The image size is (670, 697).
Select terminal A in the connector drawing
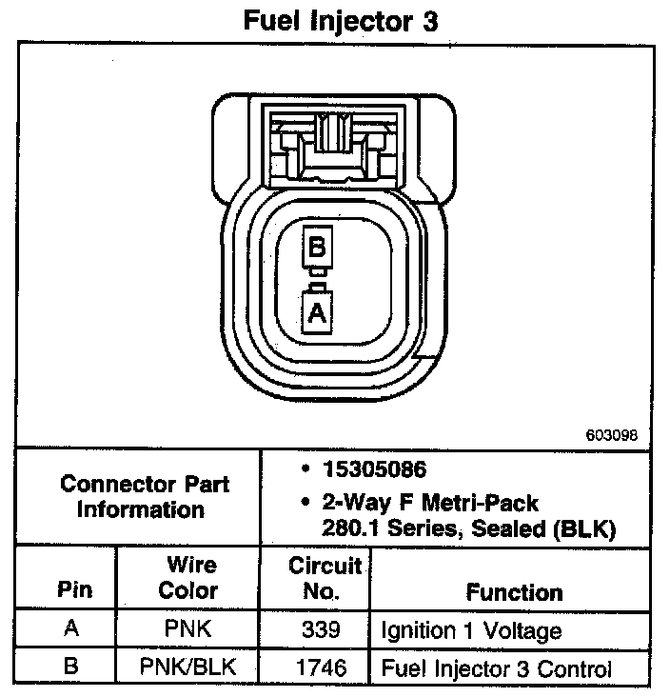(317, 312)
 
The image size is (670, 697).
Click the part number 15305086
(373, 469)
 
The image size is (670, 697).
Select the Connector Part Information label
(144, 496)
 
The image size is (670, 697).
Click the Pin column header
(75, 590)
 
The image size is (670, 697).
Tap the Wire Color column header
(187, 578)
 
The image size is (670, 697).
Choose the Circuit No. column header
(325, 578)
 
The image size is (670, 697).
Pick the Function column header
(514, 592)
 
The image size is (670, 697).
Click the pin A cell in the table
(70, 630)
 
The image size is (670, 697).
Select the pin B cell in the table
(70, 667)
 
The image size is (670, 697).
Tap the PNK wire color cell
(187, 630)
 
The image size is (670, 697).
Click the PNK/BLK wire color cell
(187, 667)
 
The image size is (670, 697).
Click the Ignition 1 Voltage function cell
(471, 630)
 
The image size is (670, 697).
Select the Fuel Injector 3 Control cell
(496, 667)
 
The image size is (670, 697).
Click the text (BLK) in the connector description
(587, 528)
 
